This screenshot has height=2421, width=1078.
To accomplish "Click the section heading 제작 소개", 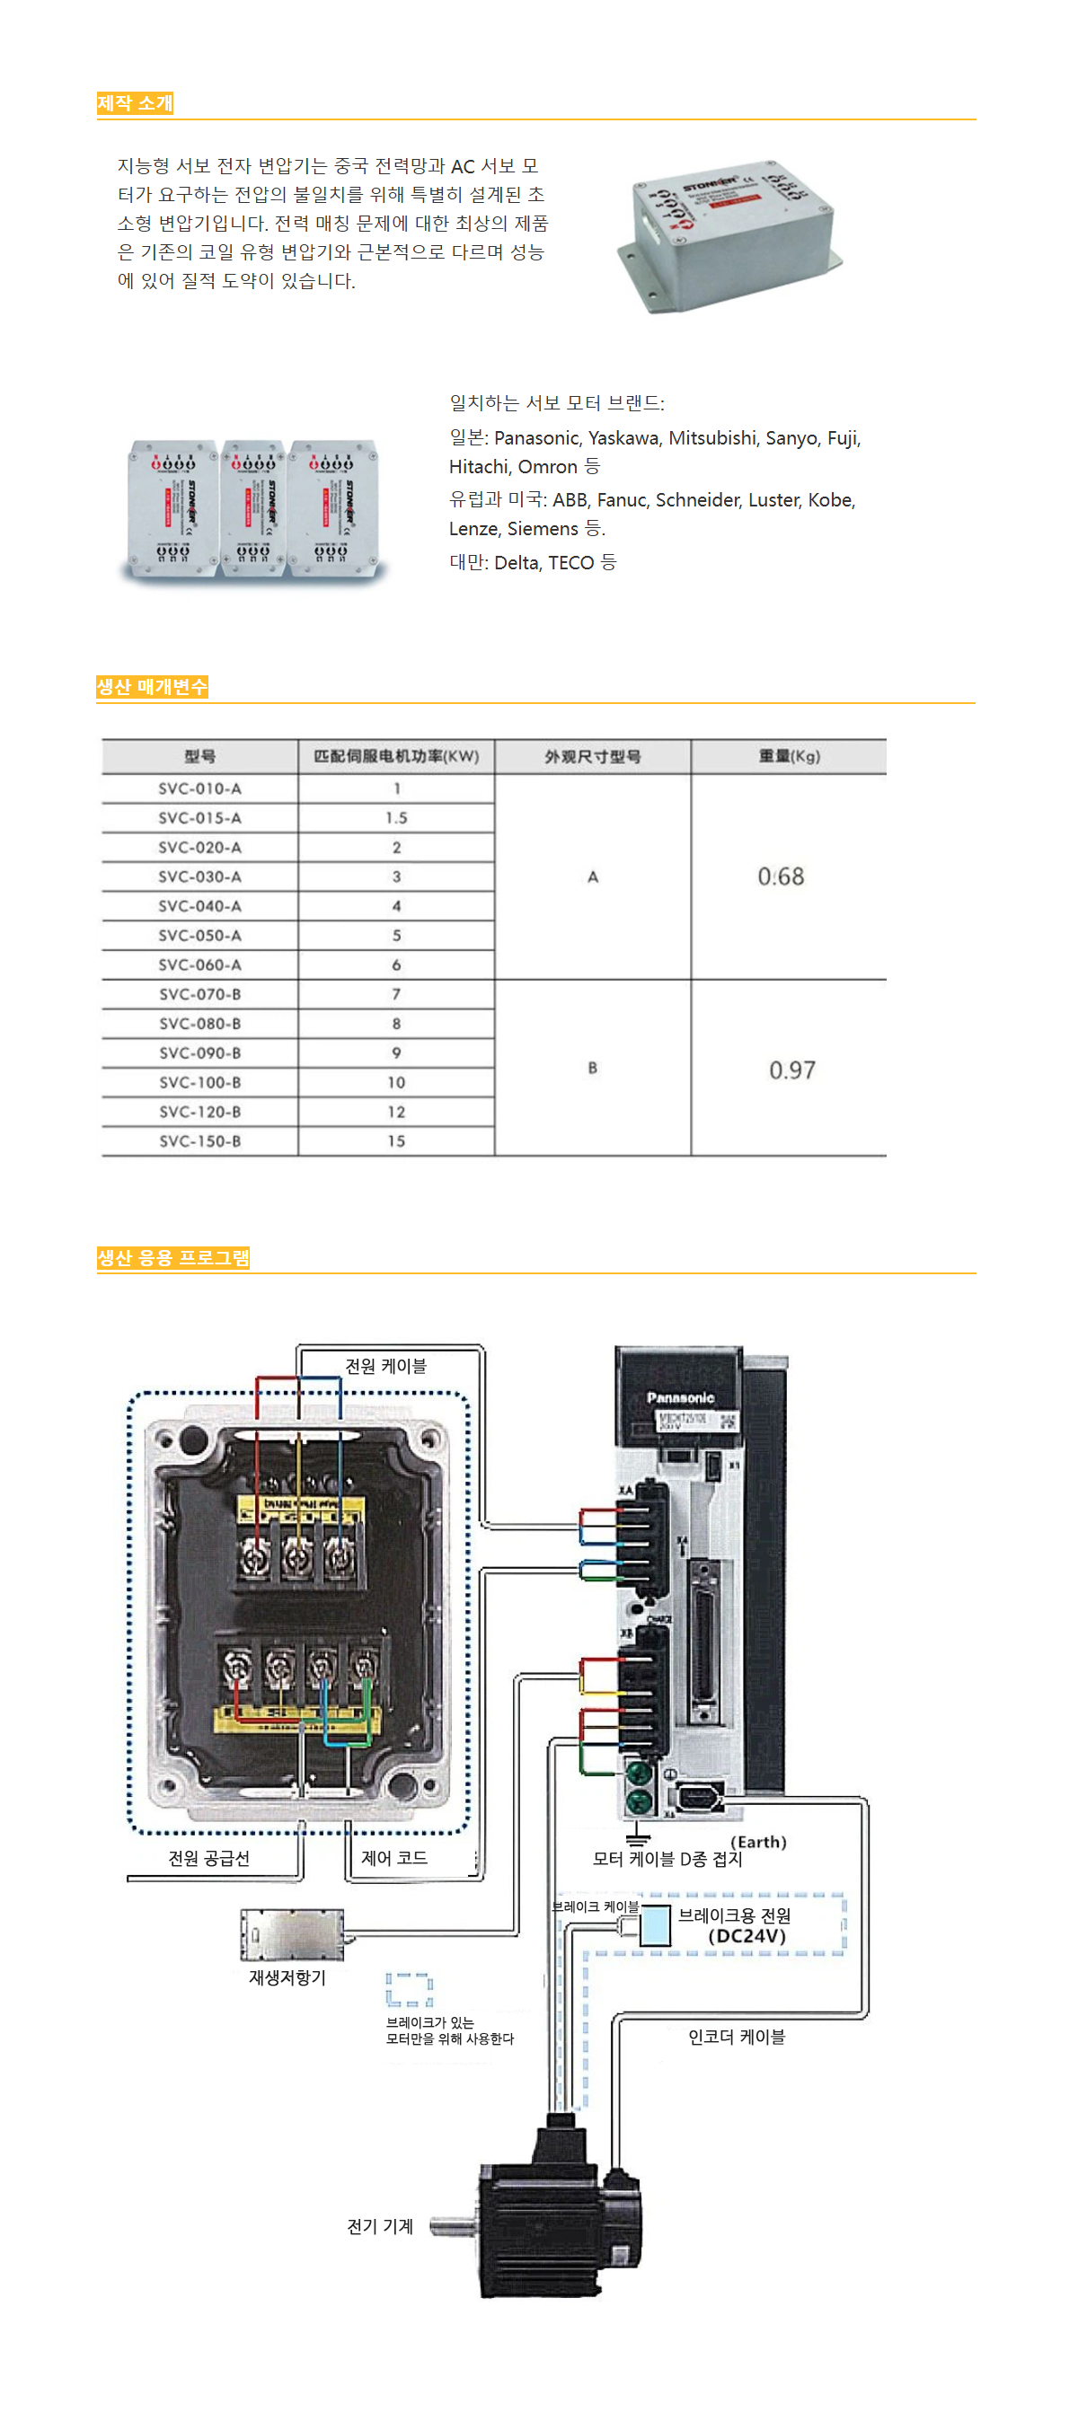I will (x=135, y=103).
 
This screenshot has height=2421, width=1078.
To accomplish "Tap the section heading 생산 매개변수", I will (x=151, y=687).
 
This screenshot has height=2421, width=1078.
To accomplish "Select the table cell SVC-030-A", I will (x=199, y=876).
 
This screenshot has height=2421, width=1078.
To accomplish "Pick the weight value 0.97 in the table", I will (x=791, y=1070).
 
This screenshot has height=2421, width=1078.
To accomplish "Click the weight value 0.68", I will (x=780, y=876).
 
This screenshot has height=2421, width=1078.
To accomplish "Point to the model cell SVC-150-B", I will (x=199, y=1141).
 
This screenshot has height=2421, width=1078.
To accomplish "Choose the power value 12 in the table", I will (x=395, y=1112).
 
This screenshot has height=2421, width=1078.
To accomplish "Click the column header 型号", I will (x=199, y=756).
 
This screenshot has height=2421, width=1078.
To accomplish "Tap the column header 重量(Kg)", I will (x=789, y=756).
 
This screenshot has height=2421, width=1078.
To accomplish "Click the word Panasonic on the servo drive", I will (x=679, y=1397).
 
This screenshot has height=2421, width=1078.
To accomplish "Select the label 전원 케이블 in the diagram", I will (x=385, y=1366).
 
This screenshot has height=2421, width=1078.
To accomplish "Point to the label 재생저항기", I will (x=287, y=1977).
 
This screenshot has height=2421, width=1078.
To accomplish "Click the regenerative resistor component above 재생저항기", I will (x=292, y=1935).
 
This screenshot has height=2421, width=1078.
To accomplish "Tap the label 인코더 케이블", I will (x=736, y=2037).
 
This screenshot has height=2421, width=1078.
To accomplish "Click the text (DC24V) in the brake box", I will (x=747, y=1936).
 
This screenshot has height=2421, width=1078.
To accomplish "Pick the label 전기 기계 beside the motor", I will (x=380, y=2225).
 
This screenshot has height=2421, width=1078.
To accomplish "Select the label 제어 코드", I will (x=393, y=1858).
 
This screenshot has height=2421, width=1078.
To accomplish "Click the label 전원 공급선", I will (x=208, y=1858).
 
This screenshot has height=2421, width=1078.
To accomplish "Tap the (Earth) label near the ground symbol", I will (x=757, y=1842).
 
